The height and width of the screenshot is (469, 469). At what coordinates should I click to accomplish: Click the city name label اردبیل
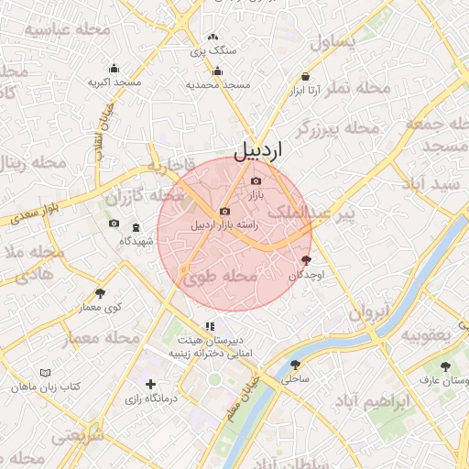[x=259, y=149]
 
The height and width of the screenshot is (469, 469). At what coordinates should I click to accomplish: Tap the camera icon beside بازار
[x=256, y=181]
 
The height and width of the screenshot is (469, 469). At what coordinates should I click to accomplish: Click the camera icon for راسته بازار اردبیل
[x=225, y=212]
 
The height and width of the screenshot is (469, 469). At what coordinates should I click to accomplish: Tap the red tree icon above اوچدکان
[x=305, y=261]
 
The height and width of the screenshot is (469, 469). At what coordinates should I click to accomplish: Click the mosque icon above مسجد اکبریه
[x=114, y=68]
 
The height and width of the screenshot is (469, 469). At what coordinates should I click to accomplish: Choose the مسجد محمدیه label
[x=218, y=84]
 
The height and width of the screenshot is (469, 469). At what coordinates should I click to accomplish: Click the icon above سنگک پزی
[x=213, y=38]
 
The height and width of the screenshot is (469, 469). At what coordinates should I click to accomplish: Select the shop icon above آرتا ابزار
[x=305, y=77]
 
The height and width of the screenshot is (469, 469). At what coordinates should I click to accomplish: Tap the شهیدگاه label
[x=136, y=241]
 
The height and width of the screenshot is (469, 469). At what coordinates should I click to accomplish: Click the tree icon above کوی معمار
[x=100, y=293]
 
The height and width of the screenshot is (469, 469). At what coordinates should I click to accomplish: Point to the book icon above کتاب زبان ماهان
[x=46, y=373]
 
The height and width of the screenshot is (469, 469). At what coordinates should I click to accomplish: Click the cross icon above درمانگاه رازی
[x=150, y=385]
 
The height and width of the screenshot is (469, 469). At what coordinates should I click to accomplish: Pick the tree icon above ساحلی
[x=295, y=364]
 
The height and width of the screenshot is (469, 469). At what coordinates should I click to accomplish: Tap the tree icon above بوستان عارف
[x=445, y=365]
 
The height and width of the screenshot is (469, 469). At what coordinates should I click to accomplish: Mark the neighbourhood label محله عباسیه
[x=67, y=30]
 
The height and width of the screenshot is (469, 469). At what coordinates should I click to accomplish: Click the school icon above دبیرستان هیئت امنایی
[x=210, y=325]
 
